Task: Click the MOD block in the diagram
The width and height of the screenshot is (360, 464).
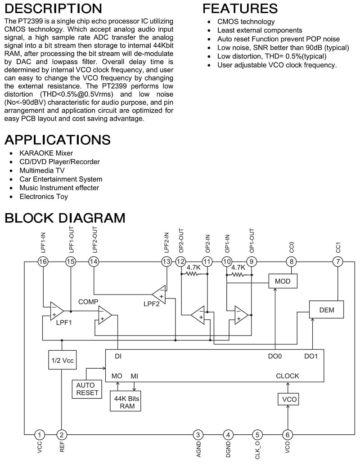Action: coord(283,281)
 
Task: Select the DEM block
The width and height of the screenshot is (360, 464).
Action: coord(326,309)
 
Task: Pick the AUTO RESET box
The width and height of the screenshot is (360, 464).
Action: coord(87,389)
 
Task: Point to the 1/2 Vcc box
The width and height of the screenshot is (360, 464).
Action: coord(62,360)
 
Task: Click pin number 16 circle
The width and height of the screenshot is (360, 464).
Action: coord(43,262)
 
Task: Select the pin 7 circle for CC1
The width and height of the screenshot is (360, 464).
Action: coord(338,262)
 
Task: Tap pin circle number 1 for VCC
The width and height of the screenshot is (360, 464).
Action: coord(40,435)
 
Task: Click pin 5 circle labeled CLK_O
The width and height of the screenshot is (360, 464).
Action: coord(257,435)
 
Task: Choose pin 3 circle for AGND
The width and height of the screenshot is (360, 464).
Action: coord(198,435)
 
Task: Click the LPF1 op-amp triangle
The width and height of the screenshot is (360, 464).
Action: coord(57,311)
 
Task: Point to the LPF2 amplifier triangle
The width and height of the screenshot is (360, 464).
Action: coord(159,295)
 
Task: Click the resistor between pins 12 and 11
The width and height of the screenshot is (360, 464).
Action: coord(193,274)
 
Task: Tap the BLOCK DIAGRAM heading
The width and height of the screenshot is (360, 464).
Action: coord(65,218)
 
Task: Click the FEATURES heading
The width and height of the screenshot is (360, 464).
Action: coord(240,8)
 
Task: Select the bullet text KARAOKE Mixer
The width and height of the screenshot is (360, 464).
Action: coord(46,153)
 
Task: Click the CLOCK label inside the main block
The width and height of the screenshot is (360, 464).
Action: coord(288,376)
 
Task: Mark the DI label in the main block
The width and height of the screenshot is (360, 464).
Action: coord(118,356)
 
